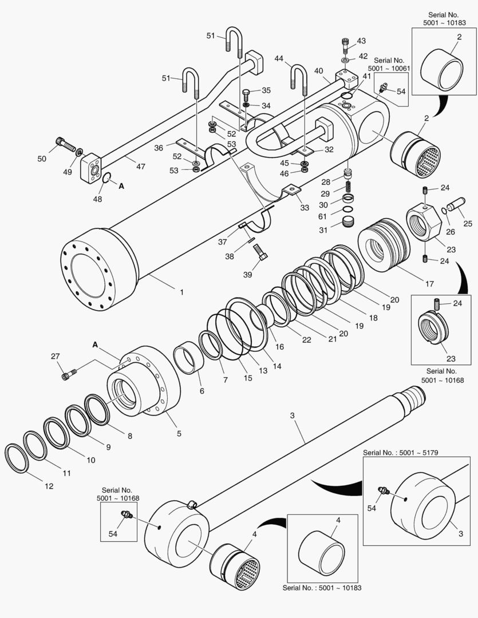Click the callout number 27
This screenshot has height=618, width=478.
tap(55, 356)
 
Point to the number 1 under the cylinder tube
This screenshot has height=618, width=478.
tap(181, 292)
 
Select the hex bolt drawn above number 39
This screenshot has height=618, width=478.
tap(260, 252)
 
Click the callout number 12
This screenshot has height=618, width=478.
tap(49, 486)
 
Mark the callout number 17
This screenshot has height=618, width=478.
tap(429, 284)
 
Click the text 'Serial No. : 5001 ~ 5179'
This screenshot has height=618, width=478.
tap(401, 453)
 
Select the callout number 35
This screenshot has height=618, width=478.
tap(266, 90)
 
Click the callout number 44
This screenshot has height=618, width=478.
tap(278, 58)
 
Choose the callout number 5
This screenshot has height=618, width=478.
tap(179, 434)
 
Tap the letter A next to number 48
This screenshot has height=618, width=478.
tap(121, 186)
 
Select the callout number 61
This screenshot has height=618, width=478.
tap(323, 216)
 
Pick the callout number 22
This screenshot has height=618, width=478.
tap(307, 340)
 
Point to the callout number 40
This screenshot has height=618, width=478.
tap(318, 72)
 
